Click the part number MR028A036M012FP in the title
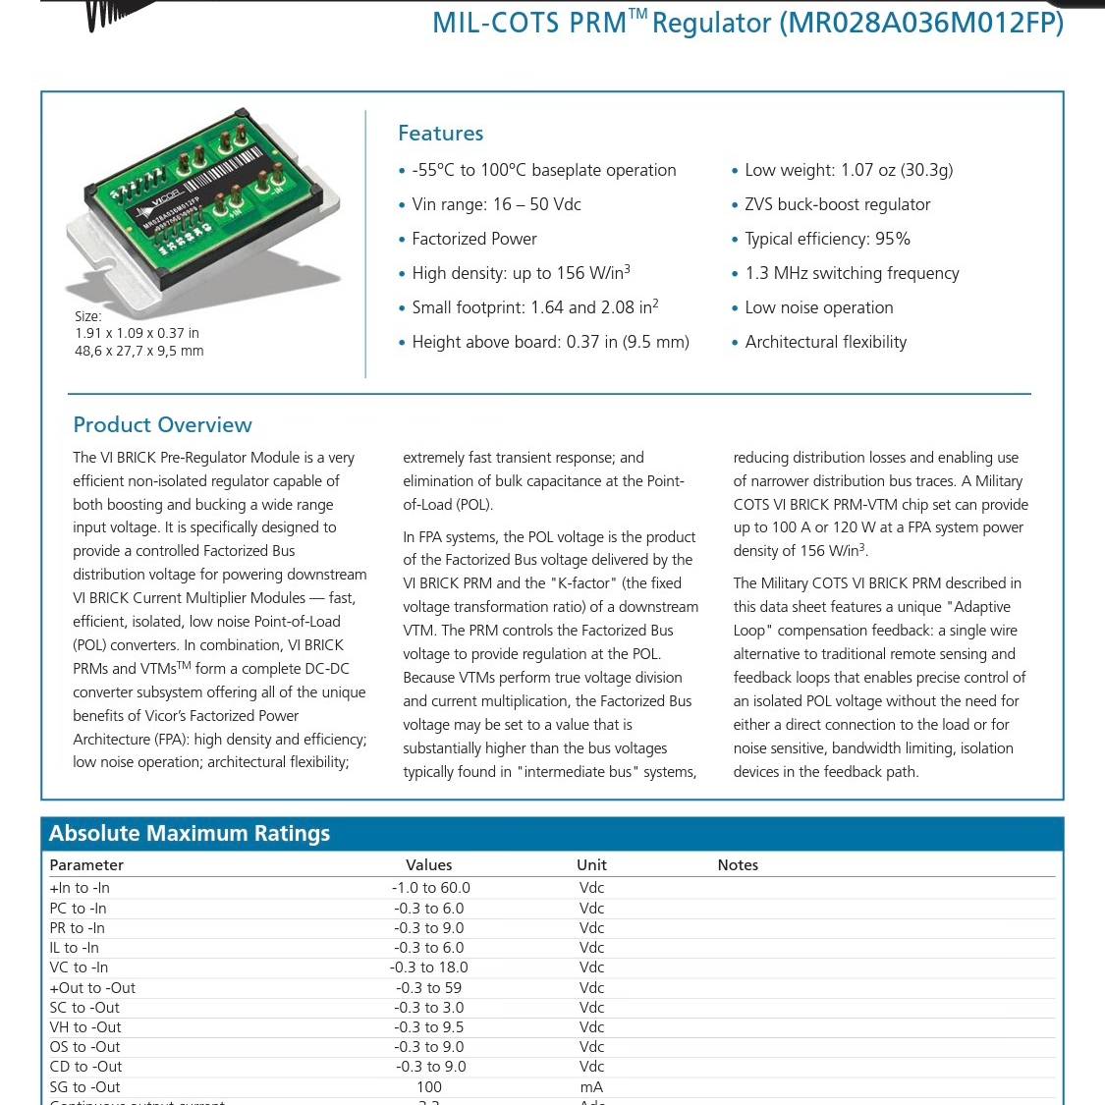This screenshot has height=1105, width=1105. pos(921,23)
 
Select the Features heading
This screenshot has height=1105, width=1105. pos(440,134)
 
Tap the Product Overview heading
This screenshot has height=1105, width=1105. pos(162,425)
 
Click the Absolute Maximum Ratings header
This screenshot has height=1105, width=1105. pos(190,834)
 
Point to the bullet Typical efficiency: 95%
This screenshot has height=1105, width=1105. pos(827,239)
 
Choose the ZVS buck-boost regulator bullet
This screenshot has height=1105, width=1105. pos(837,204)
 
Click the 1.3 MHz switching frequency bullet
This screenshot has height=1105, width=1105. pos(852,273)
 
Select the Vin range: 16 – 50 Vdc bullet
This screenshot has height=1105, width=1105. pos(496,204)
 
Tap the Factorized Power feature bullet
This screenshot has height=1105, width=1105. pos(474,239)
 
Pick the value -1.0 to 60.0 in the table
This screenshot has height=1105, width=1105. pos(430,888)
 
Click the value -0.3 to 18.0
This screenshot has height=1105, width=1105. pos(429,967)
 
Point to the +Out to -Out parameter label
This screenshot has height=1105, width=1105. pos(92,988)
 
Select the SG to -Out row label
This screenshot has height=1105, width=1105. pos(84,1087)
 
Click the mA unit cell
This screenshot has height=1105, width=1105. pos(591,1087)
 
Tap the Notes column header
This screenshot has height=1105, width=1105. pos(738,865)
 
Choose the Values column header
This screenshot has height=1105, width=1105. pos(429,865)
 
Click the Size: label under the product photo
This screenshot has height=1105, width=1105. pos(88,316)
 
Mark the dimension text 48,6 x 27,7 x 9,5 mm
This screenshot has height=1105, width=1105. pos(139,351)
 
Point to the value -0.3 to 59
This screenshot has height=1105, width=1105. pos(429,988)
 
